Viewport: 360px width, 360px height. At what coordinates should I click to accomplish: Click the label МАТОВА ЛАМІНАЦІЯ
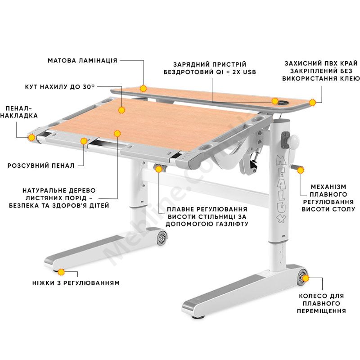click(x=82, y=61)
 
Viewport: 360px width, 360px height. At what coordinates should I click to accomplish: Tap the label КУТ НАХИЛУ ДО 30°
click(x=60, y=87)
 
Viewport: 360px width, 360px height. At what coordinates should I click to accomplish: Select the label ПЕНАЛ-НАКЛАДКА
click(x=19, y=112)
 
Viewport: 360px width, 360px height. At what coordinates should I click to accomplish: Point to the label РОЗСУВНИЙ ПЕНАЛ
click(x=41, y=166)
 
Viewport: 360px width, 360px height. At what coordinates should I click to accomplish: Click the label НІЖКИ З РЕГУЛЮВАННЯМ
click(x=76, y=283)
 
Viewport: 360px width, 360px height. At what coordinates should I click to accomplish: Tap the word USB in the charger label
click(x=250, y=72)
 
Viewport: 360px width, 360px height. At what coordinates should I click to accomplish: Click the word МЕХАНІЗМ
click(x=328, y=187)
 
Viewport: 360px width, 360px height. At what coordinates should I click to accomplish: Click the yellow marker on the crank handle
click(x=300, y=170)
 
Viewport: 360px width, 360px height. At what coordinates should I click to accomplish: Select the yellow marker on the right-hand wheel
click(x=306, y=278)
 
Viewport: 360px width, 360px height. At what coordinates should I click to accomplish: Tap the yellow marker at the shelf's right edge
click(x=312, y=103)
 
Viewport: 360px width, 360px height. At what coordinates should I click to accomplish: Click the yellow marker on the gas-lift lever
click(x=159, y=169)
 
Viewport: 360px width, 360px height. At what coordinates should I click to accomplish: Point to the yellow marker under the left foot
click(x=61, y=272)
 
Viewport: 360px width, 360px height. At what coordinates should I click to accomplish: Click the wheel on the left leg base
click(x=162, y=238)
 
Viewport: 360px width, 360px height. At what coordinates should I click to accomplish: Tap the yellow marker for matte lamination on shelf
click(x=143, y=89)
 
